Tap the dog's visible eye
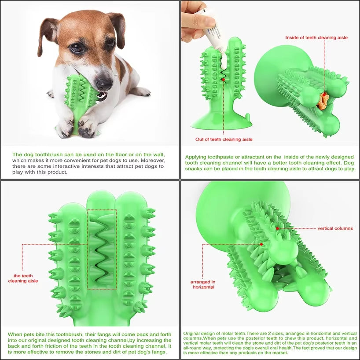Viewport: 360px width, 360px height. click(x=76, y=47)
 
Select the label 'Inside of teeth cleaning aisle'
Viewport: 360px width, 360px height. click(x=316, y=38)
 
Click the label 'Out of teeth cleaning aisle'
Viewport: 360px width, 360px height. click(x=224, y=140)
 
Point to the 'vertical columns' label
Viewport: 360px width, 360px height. click(x=335, y=228)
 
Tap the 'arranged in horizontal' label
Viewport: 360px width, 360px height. click(x=203, y=284)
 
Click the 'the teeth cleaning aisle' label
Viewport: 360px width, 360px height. click(x=23, y=278)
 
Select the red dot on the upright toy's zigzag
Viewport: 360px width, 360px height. click(x=223, y=79)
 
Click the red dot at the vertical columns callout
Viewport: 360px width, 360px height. click(x=277, y=229)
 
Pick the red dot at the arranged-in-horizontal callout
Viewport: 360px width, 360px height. click(x=261, y=244)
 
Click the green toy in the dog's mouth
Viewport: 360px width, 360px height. click(x=79, y=95)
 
